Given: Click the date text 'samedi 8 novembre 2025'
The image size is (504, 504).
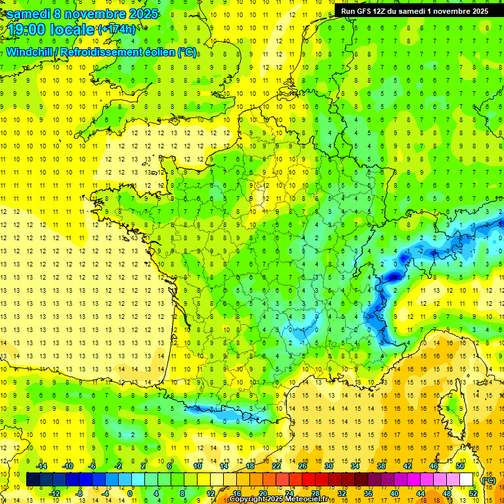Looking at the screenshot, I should [83, 13].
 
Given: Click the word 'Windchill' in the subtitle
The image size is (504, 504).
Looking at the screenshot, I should [31, 52].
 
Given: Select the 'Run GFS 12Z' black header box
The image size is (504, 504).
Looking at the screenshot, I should [414, 11].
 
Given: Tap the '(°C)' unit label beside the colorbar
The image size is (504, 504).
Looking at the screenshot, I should [488, 480].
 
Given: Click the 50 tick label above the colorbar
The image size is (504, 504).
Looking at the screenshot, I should [460, 466].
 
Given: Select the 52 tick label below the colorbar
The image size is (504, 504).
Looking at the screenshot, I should [472, 493].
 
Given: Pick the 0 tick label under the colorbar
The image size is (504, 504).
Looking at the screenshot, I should [130, 493].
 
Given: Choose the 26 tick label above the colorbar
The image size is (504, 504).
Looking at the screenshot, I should [303, 466].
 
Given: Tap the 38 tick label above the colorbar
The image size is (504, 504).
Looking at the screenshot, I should [381, 466].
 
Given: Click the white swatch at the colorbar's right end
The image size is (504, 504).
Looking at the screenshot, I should [467, 480].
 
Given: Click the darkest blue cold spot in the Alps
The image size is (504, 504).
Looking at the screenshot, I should [392, 276].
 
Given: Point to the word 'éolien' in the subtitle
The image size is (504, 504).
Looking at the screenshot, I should [156, 52].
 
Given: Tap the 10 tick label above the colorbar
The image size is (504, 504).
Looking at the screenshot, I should [198, 466].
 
